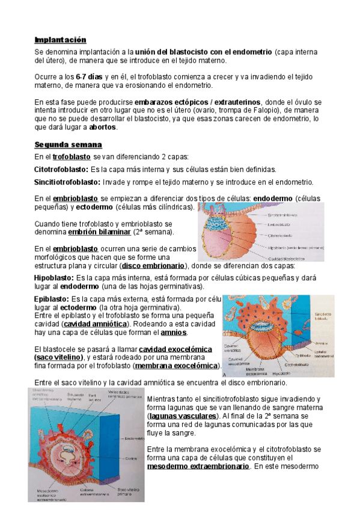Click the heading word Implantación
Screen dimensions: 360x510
click(60, 40)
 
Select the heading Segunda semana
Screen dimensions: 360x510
click(69, 146)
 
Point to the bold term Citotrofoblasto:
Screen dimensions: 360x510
click(61, 170)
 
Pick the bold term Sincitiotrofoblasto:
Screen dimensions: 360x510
click(67, 182)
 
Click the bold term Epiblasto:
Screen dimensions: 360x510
click(52, 299)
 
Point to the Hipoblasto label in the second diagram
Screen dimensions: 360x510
click(281, 373)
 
